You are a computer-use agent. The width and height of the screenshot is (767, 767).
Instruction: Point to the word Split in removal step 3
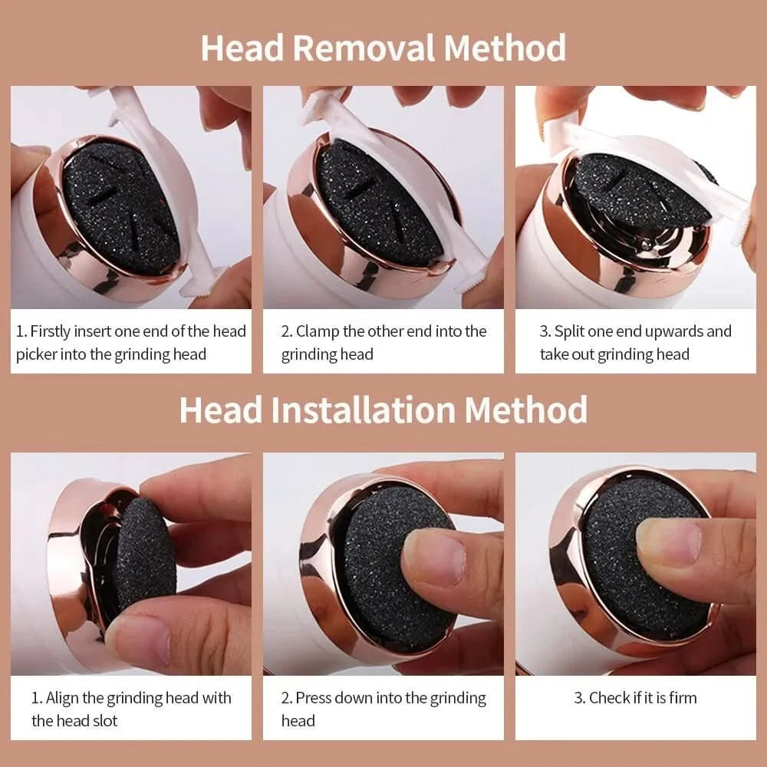(x=571, y=331)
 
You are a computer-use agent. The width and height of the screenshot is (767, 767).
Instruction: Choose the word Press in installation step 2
(x=314, y=698)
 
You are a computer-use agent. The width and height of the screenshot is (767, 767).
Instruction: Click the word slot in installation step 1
(x=101, y=721)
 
